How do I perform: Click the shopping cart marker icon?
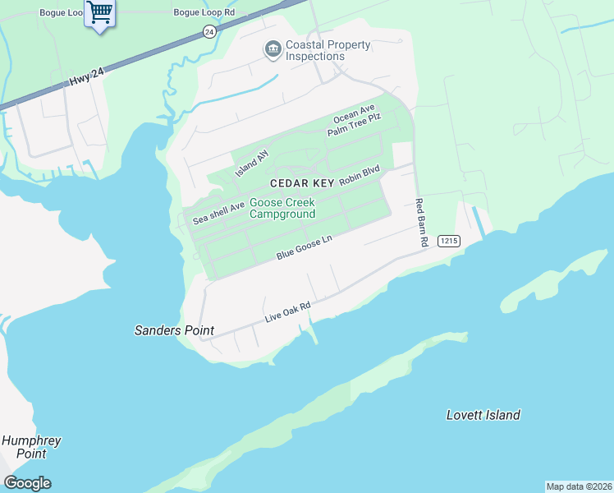pyautogui.click(x=100, y=14)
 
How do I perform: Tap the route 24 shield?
pyautogui.click(x=209, y=31)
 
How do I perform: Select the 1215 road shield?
pyautogui.click(x=448, y=240)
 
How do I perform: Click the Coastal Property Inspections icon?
pyautogui.click(x=273, y=50)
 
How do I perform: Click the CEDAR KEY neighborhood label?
pyautogui.click(x=302, y=182)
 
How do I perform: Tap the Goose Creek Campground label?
pyautogui.click(x=282, y=209)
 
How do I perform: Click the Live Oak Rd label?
pyautogui.click(x=287, y=312)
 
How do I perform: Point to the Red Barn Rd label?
pyautogui.click(x=422, y=223)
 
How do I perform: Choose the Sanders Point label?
pyautogui.click(x=174, y=330)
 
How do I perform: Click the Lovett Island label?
pyautogui.click(x=483, y=415)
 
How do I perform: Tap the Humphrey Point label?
pyautogui.click(x=31, y=447)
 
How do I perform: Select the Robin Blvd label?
pyautogui.click(x=360, y=176)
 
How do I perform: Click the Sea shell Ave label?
pyautogui.click(x=219, y=214)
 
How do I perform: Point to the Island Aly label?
pyautogui.click(x=252, y=163)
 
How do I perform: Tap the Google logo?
pyautogui.click(x=27, y=483)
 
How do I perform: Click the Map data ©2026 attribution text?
pyautogui.click(x=579, y=486)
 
